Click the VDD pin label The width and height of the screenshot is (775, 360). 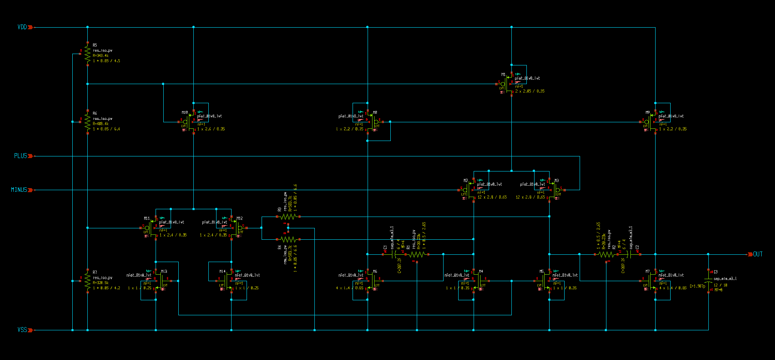[22, 27]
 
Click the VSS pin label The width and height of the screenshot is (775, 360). [22, 330]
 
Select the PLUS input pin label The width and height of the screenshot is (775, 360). [20, 156]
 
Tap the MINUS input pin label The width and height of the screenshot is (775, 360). [19, 190]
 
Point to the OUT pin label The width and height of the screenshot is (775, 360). [758, 254]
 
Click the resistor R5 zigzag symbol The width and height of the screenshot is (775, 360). [87, 53]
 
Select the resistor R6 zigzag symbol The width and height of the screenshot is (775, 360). [87, 121]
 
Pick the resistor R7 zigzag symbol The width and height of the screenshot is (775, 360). [87, 281]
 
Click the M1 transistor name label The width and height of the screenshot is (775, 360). [503, 74]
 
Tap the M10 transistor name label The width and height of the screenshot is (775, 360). [184, 113]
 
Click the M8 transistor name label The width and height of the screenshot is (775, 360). [375, 113]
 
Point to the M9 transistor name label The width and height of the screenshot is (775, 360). [647, 113]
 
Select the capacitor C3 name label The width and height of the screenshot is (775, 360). [715, 272]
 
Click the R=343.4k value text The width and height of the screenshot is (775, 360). [100, 56]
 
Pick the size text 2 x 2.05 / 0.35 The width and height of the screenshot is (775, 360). [530, 91]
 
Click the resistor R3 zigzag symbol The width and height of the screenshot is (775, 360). [288, 217]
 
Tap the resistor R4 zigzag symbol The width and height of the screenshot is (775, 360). [288, 239]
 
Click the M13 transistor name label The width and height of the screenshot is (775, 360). [164, 271]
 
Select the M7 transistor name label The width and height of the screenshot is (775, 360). [647, 271]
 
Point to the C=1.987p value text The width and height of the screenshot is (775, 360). [697, 286]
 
